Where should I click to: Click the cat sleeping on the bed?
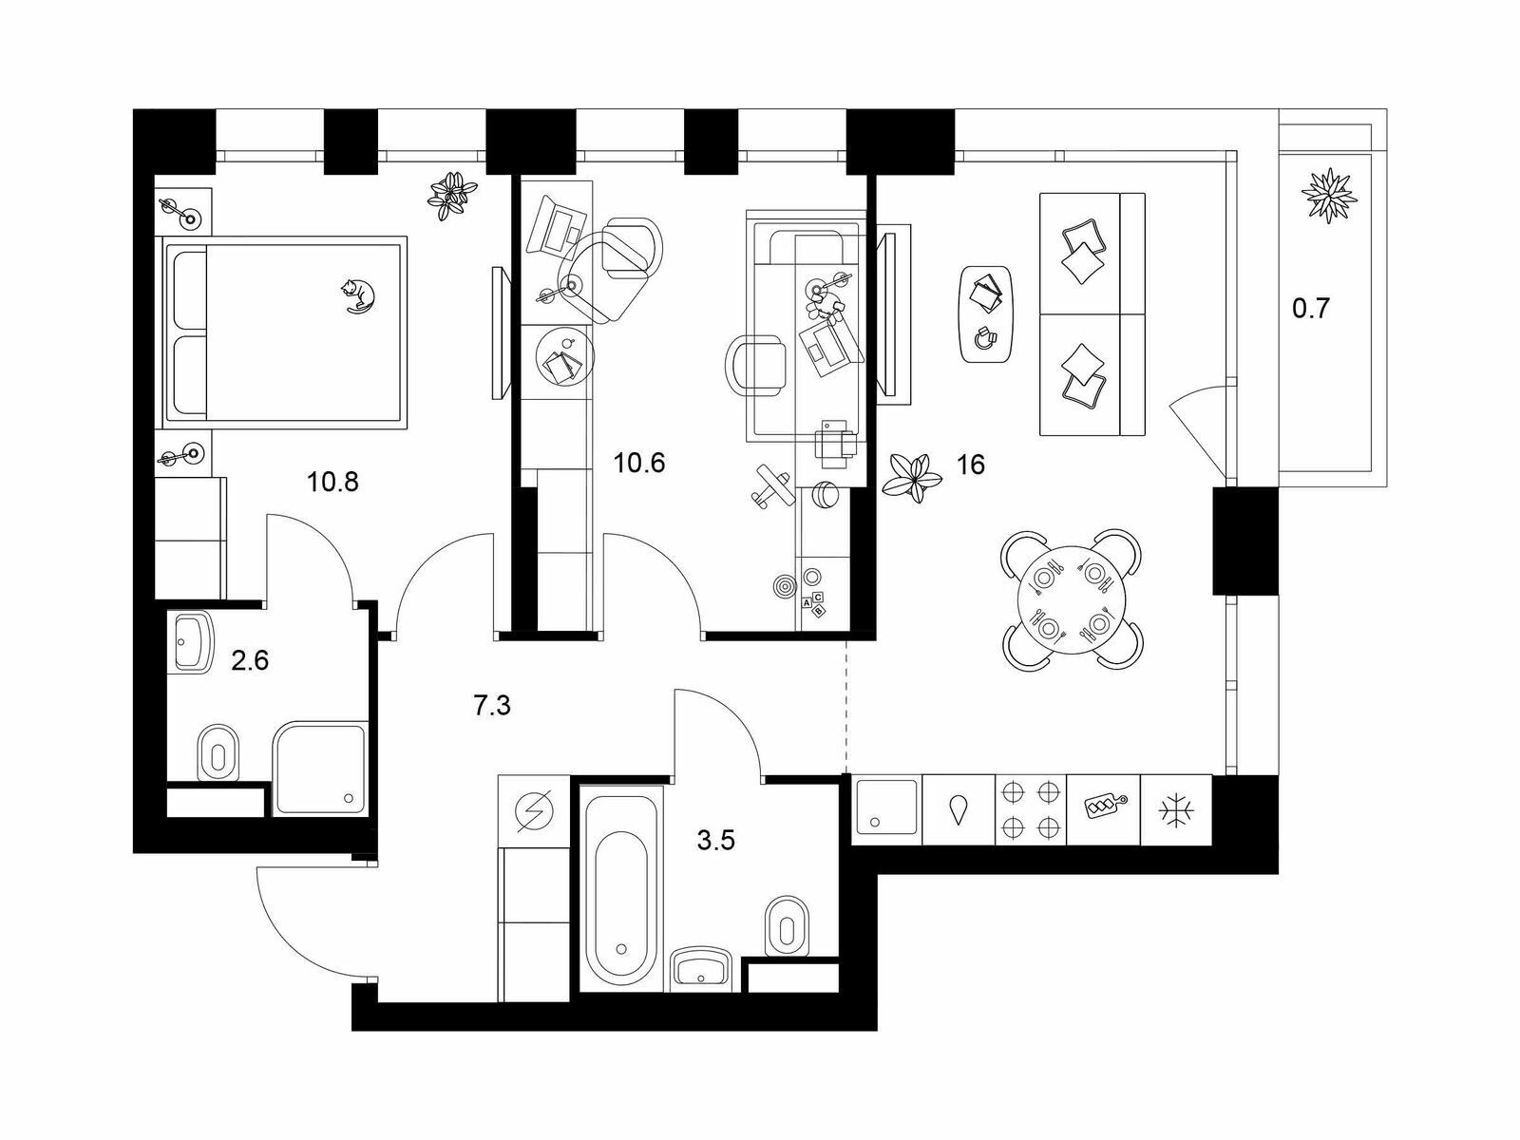[x=358, y=296]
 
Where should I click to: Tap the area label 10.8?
[x=332, y=482]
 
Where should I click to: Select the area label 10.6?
[x=639, y=463]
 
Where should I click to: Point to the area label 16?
[x=970, y=465]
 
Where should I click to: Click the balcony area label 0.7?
[x=1312, y=307]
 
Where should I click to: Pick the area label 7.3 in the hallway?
[x=492, y=705]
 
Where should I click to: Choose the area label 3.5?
[x=715, y=841]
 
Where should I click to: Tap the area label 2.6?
[x=249, y=661]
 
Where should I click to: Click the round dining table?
[x=1070, y=599]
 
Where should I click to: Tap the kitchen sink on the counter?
[x=887, y=807]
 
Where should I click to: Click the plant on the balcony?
[x=1328, y=194]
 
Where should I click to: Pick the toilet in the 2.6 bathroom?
[x=218, y=753]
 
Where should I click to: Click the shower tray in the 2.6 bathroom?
[x=320, y=769]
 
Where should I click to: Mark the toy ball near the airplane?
[x=825, y=496]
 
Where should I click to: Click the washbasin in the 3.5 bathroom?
[x=701, y=968]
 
